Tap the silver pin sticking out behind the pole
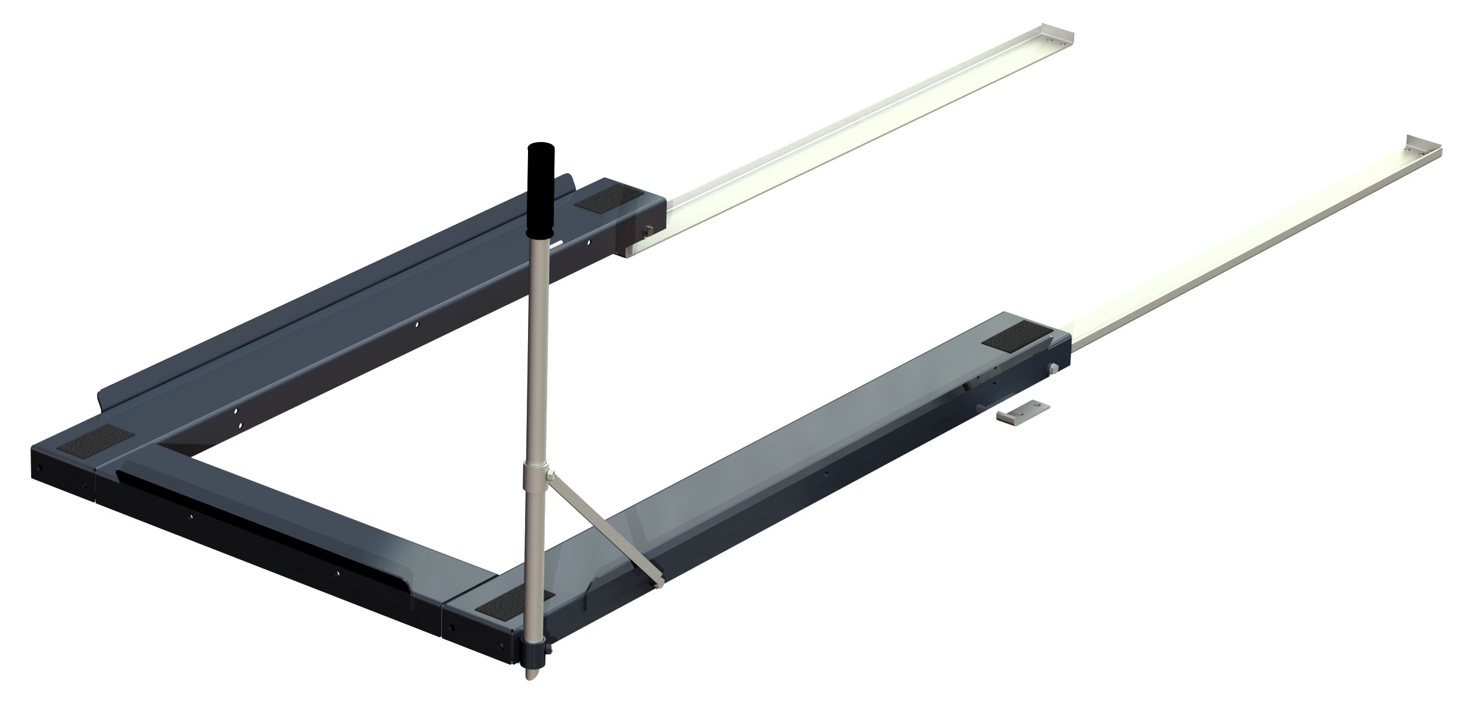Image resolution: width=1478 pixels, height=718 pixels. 557,243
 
